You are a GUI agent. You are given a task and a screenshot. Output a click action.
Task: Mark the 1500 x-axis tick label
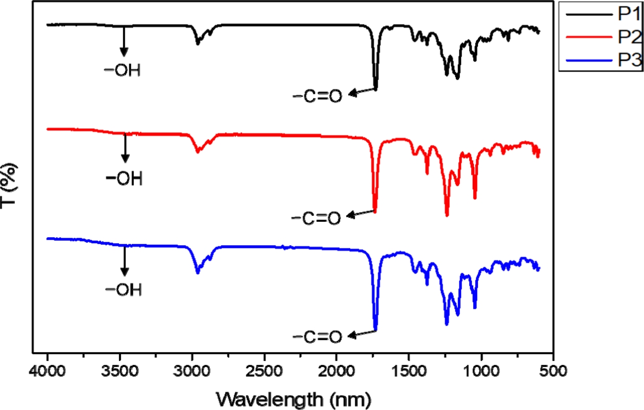tap(409, 370)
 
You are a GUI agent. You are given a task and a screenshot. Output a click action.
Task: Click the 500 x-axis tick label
tap(554, 370)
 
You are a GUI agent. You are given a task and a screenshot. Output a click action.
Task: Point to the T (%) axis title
tap(11, 186)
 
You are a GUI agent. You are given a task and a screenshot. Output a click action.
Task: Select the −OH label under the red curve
tap(124, 179)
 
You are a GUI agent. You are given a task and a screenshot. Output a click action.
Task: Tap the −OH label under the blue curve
tap(123, 290)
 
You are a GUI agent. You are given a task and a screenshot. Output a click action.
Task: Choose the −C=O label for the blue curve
tap(316, 337)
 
